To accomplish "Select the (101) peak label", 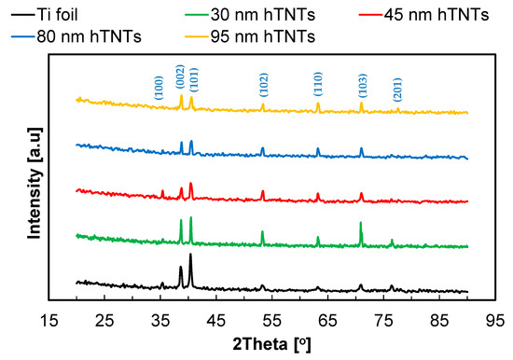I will click(192, 79).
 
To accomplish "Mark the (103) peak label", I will click(362, 85).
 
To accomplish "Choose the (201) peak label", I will click(397, 86).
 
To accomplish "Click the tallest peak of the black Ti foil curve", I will click(190, 255).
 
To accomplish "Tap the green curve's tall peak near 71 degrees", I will click(360, 224).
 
